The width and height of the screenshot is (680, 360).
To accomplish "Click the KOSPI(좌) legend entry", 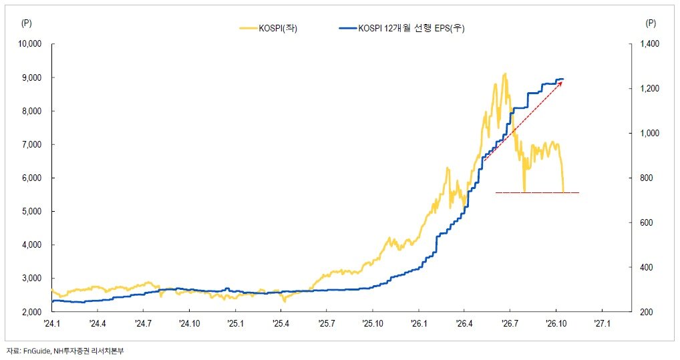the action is [269, 29].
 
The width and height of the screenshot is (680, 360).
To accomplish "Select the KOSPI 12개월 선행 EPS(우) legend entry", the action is [401, 29].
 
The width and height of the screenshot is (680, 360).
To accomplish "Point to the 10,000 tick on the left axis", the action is [29, 44].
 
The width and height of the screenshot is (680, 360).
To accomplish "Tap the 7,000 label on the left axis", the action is [31, 144].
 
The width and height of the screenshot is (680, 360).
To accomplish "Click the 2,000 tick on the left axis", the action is [31, 312].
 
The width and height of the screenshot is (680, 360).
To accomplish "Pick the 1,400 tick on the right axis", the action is [650, 44].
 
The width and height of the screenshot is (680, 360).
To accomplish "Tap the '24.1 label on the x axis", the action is [52, 323].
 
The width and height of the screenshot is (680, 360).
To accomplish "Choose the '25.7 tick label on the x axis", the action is [327, 323].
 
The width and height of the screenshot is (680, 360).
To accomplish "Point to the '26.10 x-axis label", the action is [556, 323].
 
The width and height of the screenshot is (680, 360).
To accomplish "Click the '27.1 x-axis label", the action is [603, 323].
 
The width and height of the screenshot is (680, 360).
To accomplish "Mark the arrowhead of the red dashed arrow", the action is [562, 81].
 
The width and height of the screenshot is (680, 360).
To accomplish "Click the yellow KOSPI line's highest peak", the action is [505, 73].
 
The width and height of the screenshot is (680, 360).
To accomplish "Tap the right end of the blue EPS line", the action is [563, 79].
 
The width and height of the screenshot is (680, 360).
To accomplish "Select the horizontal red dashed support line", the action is [537, 192].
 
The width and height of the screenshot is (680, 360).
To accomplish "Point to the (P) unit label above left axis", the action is [27, 23].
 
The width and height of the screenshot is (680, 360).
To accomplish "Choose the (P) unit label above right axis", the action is [651, 23].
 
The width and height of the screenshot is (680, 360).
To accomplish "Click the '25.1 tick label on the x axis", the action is [235, 323].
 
